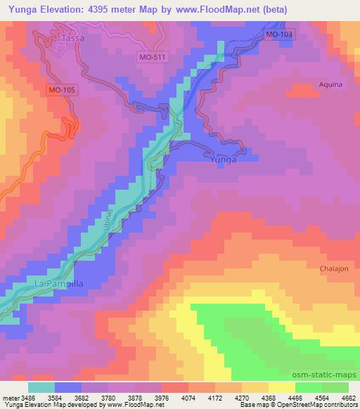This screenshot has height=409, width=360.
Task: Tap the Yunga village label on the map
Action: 224,160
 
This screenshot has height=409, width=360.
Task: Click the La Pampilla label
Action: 60,283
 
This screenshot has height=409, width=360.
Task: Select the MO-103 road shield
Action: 281,34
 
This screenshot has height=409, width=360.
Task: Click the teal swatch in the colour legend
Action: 41,387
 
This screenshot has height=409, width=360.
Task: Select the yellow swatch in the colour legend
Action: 282,387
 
